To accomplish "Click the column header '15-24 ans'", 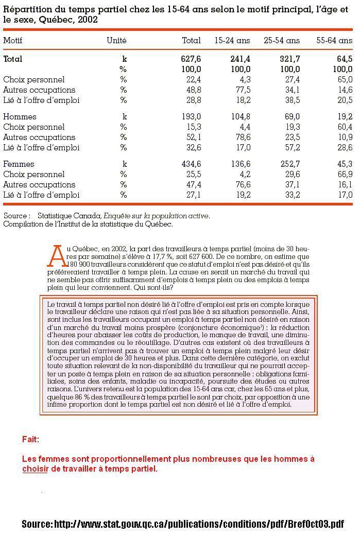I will click(232, 40).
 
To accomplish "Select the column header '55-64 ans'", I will click(334, 40).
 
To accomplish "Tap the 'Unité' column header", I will click(116, 40).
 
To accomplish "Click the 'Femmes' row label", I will click(19, 164).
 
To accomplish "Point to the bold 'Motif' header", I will click(13, 40).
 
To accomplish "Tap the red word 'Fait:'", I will click(30, 439).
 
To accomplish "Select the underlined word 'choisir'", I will click(35, 469).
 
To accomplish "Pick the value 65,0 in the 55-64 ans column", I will click(345, 80).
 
